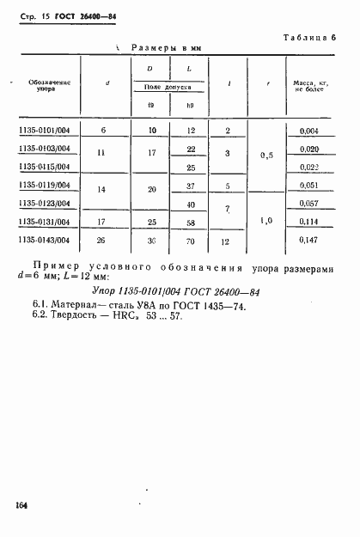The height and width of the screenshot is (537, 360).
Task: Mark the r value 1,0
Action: pyautogui.click(x=267, y=221)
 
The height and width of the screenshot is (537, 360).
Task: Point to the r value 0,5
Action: pyautogui.click(x=267, y=156)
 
